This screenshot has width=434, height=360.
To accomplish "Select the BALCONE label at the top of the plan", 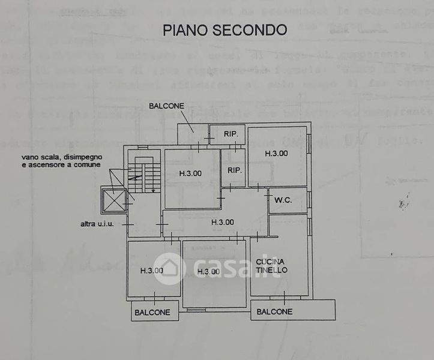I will click(x=166, y=106).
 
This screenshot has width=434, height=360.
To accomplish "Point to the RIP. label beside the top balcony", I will click(x=232, y=134).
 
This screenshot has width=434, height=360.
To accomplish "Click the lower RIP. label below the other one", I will click(x=234, y=170).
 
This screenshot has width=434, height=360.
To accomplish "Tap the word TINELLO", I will click(x=271, y=270).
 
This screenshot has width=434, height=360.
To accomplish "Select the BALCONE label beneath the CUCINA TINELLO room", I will click(x=275, y=311).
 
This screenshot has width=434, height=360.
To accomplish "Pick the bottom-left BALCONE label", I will click(x=152, y=312).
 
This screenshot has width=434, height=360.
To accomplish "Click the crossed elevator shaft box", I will click(x=115, y=201).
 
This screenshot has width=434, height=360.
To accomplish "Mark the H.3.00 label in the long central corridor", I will click(x=222, y=222).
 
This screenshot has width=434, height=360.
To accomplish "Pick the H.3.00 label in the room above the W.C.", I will click(x=276, y=153).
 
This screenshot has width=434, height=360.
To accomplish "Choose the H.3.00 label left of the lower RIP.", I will click(x=190, y=173).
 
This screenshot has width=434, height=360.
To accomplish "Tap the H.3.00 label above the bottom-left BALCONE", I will click(x=152, y=270).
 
